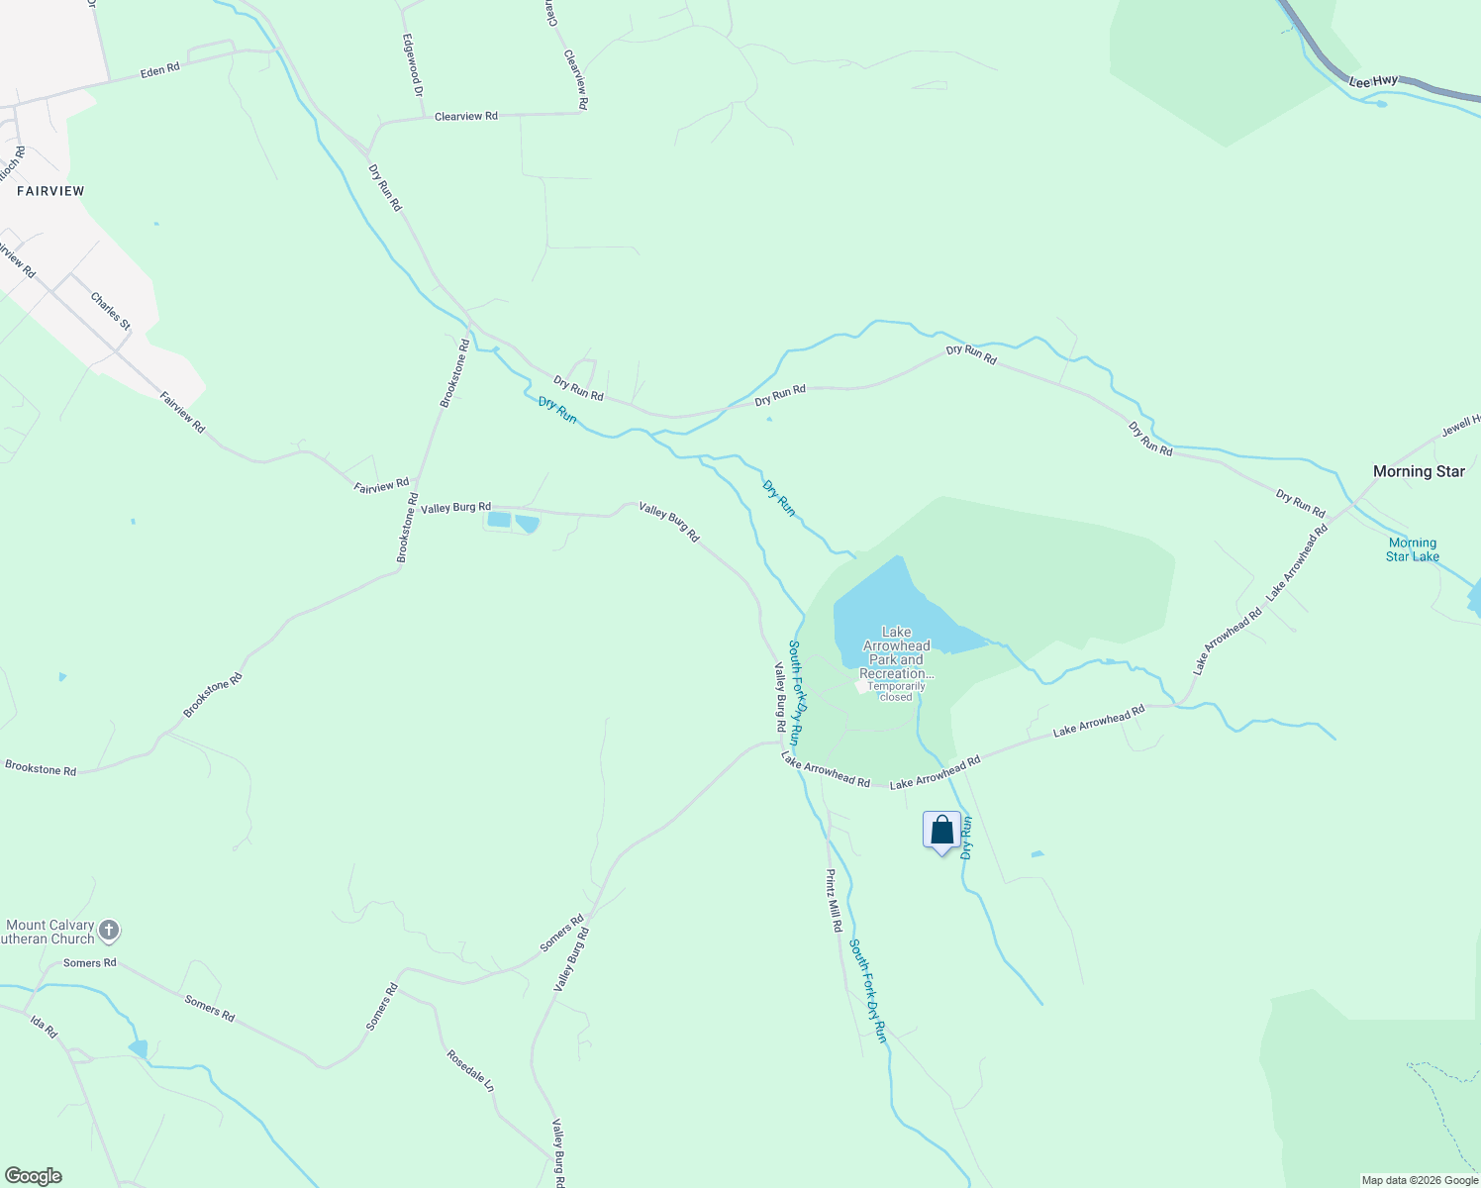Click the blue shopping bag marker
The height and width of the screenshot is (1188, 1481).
(941, 831)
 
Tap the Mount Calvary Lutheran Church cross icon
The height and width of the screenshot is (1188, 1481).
(109, 931)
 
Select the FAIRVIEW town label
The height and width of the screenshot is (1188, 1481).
(50, 191)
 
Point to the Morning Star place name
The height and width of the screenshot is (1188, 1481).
(1418, 471)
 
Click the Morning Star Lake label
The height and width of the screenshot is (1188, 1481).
(1412, 549)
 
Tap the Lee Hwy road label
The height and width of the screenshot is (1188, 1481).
(1373, 81)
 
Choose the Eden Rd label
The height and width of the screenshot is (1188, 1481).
(159, 70)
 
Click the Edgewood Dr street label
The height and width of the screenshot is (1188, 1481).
(413, 65)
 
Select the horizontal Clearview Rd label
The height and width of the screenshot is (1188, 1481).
(465, 116)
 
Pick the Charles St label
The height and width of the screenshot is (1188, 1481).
(110, 311)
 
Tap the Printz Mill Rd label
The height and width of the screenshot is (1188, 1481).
(835, 900)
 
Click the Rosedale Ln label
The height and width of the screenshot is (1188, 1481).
(469, 1070)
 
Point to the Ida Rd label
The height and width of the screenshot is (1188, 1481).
(44, 1027)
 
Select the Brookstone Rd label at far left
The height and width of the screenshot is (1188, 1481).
(41, 768)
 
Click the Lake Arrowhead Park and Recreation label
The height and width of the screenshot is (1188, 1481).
(896, 652)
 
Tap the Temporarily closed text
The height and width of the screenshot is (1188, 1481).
(896, 691)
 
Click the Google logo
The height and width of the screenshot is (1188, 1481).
(33, 1176)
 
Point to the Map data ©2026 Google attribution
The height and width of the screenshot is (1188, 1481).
(1420, 1180)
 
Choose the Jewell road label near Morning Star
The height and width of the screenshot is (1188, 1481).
(1460, 424)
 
